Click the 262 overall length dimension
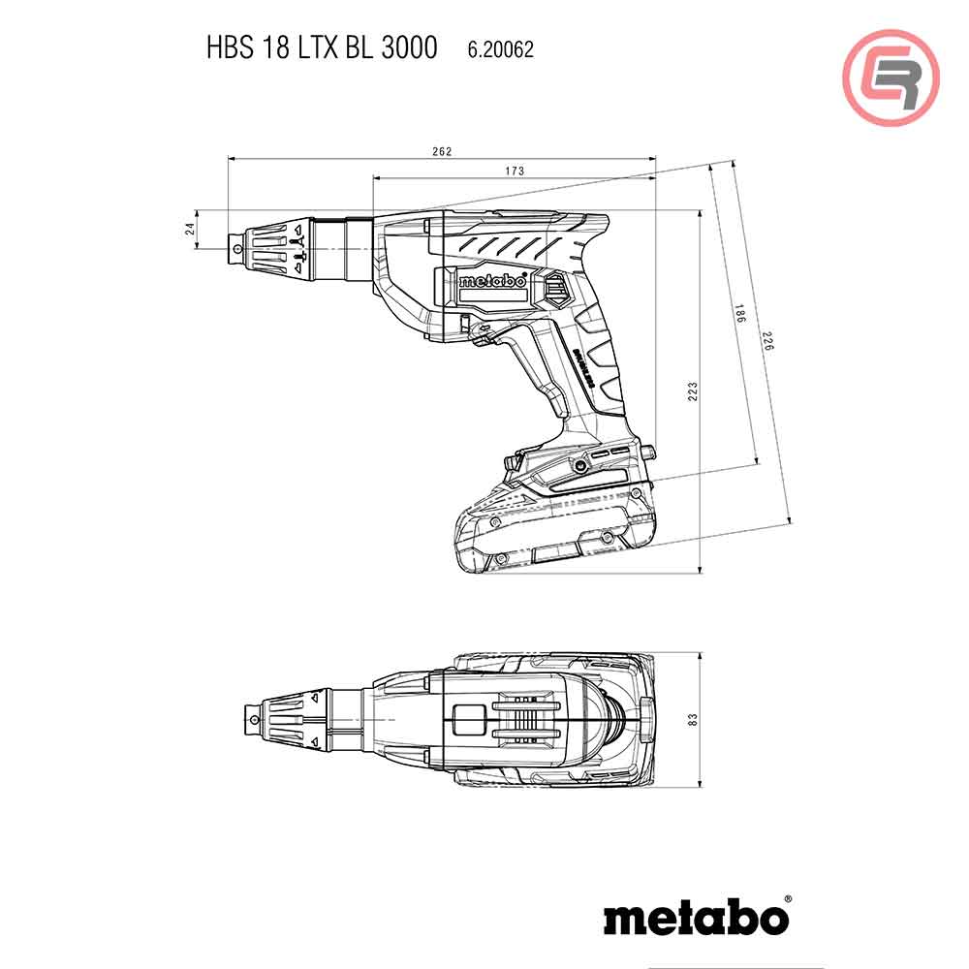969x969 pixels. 442,151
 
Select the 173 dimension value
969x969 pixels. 515,172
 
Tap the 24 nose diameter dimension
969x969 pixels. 191,229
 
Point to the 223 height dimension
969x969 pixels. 692,391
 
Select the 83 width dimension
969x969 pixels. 692,720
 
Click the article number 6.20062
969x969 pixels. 500,47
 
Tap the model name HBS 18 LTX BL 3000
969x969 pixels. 321,47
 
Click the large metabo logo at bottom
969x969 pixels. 696,917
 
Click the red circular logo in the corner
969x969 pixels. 891,78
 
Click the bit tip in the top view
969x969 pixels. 250,719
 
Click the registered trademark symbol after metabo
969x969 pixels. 787,900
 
